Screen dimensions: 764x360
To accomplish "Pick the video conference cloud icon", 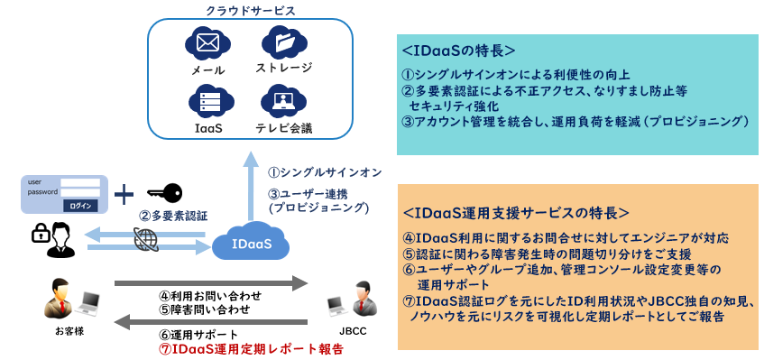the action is [x=283, y=100].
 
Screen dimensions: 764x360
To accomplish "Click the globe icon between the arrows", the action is [x=146, y=240].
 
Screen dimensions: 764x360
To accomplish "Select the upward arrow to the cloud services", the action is [x=253, y=186].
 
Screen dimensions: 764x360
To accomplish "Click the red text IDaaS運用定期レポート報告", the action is [x=252, y=349].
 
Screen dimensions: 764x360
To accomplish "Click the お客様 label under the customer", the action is [x=69, y=331].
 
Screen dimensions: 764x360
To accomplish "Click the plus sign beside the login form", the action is [x=124, y=196].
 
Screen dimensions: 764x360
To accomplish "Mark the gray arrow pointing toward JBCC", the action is [x=211, y=283].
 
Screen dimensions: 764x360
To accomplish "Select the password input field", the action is [x=80, y=192].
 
